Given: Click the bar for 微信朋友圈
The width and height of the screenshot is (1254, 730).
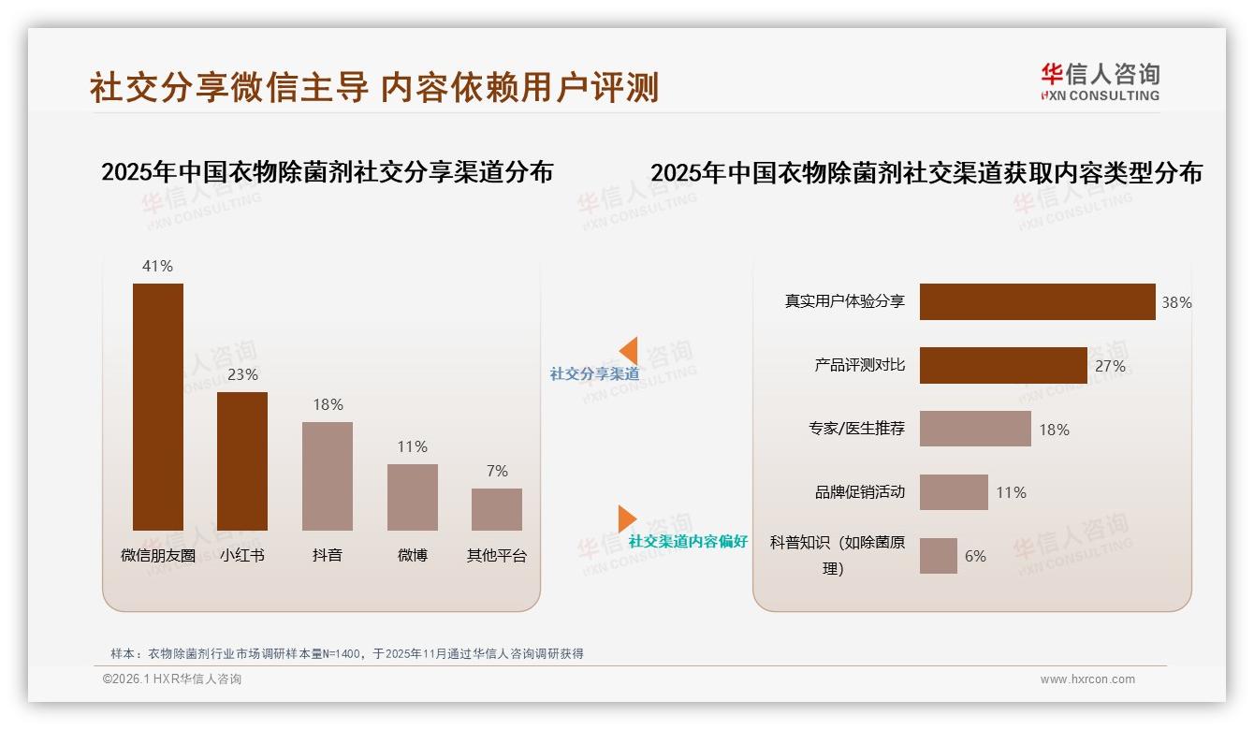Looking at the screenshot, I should (x=158, y=406).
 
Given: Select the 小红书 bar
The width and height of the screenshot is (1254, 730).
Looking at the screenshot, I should (x=242, y=460).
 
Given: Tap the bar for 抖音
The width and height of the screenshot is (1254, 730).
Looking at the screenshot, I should (x=328, y=475).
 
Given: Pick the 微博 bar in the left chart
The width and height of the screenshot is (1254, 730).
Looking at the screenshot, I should (x=412, y=497).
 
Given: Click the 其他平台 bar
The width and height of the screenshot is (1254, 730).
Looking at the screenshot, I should (x=496, y=509).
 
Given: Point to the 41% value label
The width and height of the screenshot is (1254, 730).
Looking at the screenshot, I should (x=157, y=266).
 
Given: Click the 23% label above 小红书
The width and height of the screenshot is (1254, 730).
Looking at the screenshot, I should (x=242, y=374).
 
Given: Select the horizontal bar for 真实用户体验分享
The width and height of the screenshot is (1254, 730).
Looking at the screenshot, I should (x=1037, y=302).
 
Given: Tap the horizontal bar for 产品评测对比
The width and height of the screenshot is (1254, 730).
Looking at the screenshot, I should (x=1003, y=366).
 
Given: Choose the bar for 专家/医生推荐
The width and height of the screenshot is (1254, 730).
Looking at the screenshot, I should (x=975, y=429).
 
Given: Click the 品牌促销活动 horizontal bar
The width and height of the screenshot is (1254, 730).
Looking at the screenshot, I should (x=954, y=492).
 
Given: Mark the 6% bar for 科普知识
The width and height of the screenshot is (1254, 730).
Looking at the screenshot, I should (x=939, y=556).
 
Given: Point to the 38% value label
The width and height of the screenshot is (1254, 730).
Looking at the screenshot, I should (x=1176, y=302).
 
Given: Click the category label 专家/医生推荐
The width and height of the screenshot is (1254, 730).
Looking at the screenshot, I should (x=856, y=429).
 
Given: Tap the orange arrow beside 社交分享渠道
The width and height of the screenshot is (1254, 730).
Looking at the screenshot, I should (x=628, y=350).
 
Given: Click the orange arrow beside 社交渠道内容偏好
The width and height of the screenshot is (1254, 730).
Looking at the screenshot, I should (x=626, y=518).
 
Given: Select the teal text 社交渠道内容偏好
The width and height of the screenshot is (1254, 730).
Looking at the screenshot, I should (x=688, y=541).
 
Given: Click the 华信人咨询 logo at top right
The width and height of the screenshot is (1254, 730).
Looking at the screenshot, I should (x=1100, y=81).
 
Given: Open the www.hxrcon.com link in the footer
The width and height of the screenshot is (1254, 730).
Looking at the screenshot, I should (x=1087, y=679).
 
